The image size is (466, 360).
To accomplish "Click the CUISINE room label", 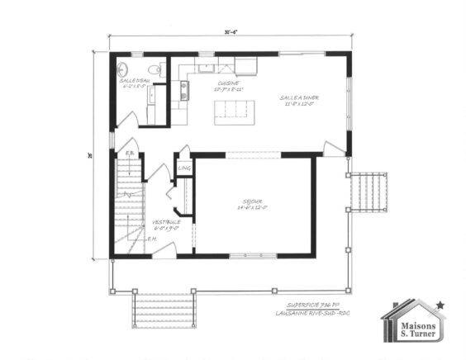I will [x=229, y=83].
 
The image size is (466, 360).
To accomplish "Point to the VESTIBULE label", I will [x=166, y=224].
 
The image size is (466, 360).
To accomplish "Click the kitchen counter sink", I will [x=183, y=90].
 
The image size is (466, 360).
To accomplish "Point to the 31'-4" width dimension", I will [x=228, y=33].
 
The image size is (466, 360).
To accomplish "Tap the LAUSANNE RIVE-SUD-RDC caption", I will [x=314, y=314].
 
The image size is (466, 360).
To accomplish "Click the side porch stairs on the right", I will [x=369, y=192].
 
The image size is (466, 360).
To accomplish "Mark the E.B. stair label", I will [x=130, y=154].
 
